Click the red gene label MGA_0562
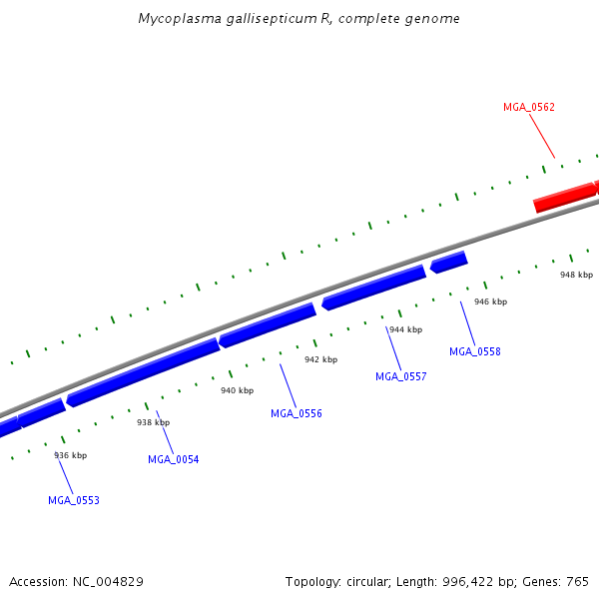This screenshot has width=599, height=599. click(x=529, y=107)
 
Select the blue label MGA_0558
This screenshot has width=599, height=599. click(x=475, y=351)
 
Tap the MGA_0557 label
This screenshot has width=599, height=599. click(x=401, y=376)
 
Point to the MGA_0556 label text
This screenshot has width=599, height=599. click(x=297, y=413)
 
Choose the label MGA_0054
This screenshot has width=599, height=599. click(x=174, y=459)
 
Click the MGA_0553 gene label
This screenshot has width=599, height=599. click(x=74, y=500)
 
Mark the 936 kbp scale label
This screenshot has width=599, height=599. click(x=70, y=455)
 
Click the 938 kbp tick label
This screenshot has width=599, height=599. click(x=154, y=422)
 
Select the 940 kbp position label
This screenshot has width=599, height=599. click(x=237, y=390)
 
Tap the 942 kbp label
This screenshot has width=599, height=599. click(x=320, y=359)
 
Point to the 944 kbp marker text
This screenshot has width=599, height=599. click(x=405, y=329)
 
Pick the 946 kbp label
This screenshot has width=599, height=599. click(x=490, y=301)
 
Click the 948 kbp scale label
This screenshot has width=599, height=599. click(x=576, y=275)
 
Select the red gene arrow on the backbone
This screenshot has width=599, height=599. click(x=566, y=196)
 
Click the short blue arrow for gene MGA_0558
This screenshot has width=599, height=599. click(x=449, y=262)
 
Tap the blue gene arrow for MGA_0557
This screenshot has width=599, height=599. click(x=373, y=288)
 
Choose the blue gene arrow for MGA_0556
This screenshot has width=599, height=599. click(x=268, y=325)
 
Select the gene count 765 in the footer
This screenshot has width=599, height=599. click(x=576, y=581)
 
